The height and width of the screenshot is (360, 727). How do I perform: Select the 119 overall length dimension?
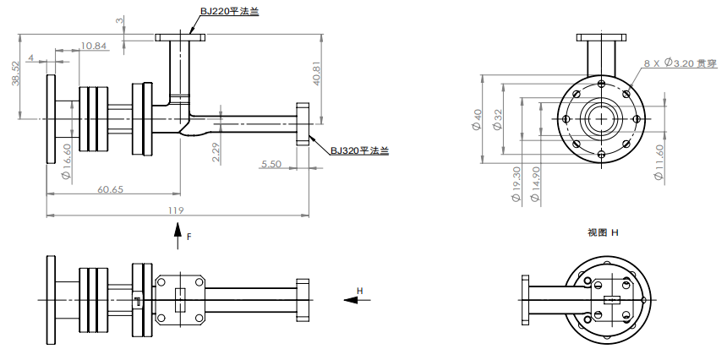(177, 210)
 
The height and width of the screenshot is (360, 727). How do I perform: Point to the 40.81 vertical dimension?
(315, 78)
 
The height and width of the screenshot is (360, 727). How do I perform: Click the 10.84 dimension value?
(94, 46)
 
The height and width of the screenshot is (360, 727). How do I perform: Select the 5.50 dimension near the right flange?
(271, 164)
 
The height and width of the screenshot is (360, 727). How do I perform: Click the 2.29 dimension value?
(216, 152)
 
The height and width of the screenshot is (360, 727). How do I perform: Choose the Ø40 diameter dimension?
(477, 120)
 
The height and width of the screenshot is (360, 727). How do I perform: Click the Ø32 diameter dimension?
(498, 120)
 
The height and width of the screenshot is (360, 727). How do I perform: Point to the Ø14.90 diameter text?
(535, 184)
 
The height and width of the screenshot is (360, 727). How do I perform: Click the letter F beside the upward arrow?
(189, 237)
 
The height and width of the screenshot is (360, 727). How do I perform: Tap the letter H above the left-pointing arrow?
(359, 291)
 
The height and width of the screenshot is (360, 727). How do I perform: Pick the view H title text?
(603, 232)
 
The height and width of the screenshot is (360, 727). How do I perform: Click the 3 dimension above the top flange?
(119, 19)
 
